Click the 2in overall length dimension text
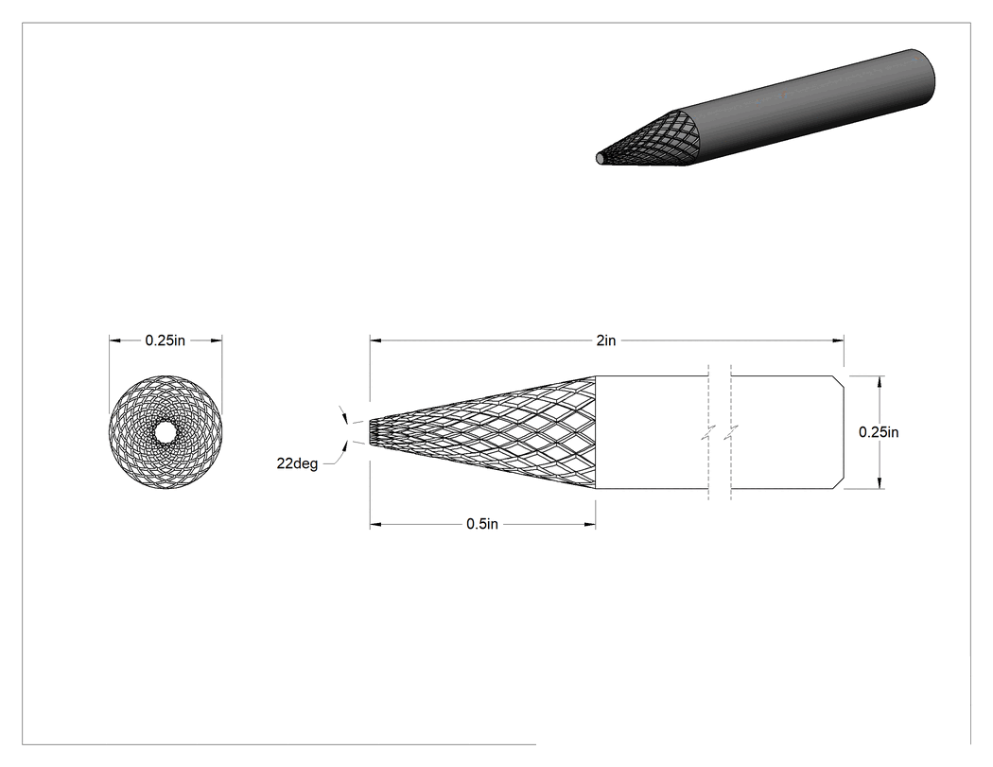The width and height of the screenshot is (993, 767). coord(605,340)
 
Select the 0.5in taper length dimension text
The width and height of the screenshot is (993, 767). coord(482,525)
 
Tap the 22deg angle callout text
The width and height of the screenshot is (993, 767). coord(297,463)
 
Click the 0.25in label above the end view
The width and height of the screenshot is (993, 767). coord(165,340)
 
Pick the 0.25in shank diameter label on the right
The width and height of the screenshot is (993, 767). coord(879,432)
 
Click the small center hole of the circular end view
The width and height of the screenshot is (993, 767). coord(165,432)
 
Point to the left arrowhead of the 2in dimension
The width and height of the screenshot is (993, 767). coord(375,340)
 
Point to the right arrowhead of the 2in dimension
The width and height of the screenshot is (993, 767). coord(838,340)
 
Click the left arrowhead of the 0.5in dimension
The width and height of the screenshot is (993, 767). coord(375,525)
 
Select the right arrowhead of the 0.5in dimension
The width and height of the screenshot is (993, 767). coord(589,525)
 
